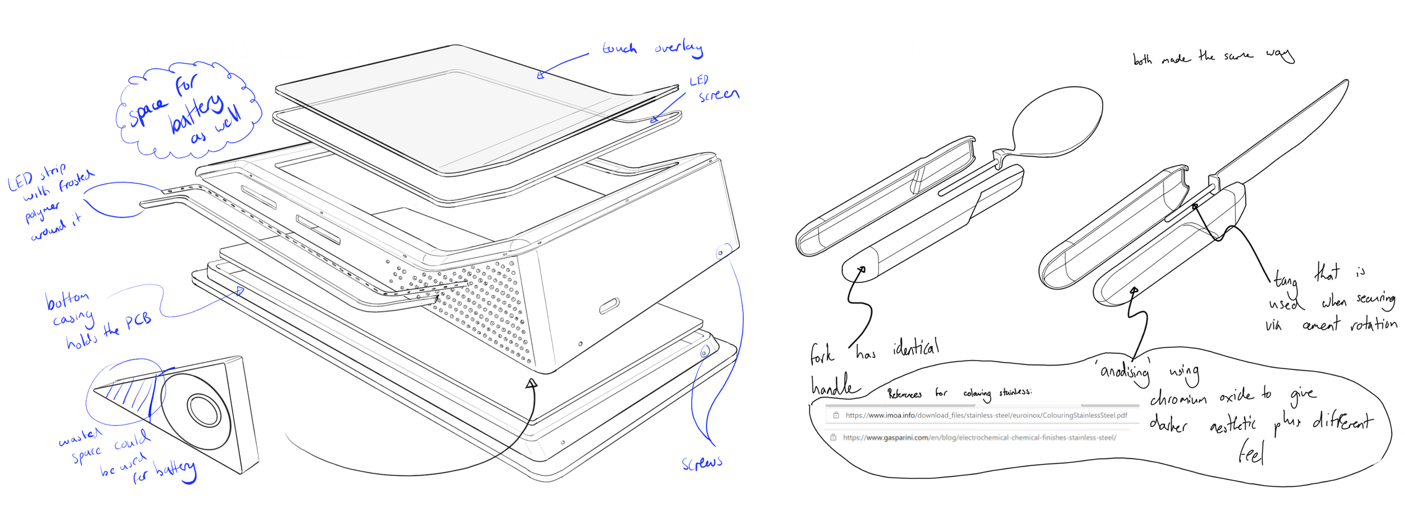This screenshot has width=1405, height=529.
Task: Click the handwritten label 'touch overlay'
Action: (x=652, y=49)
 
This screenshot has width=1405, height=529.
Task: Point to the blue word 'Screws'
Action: (x=702, y=463)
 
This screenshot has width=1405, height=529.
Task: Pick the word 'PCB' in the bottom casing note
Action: (x=138, y=321)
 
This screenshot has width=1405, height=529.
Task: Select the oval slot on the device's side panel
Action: (x=609, y=306)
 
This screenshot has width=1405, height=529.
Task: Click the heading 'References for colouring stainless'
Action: (x=959, y=393)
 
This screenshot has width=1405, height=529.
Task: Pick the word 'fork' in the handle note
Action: (x=822, y=354)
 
